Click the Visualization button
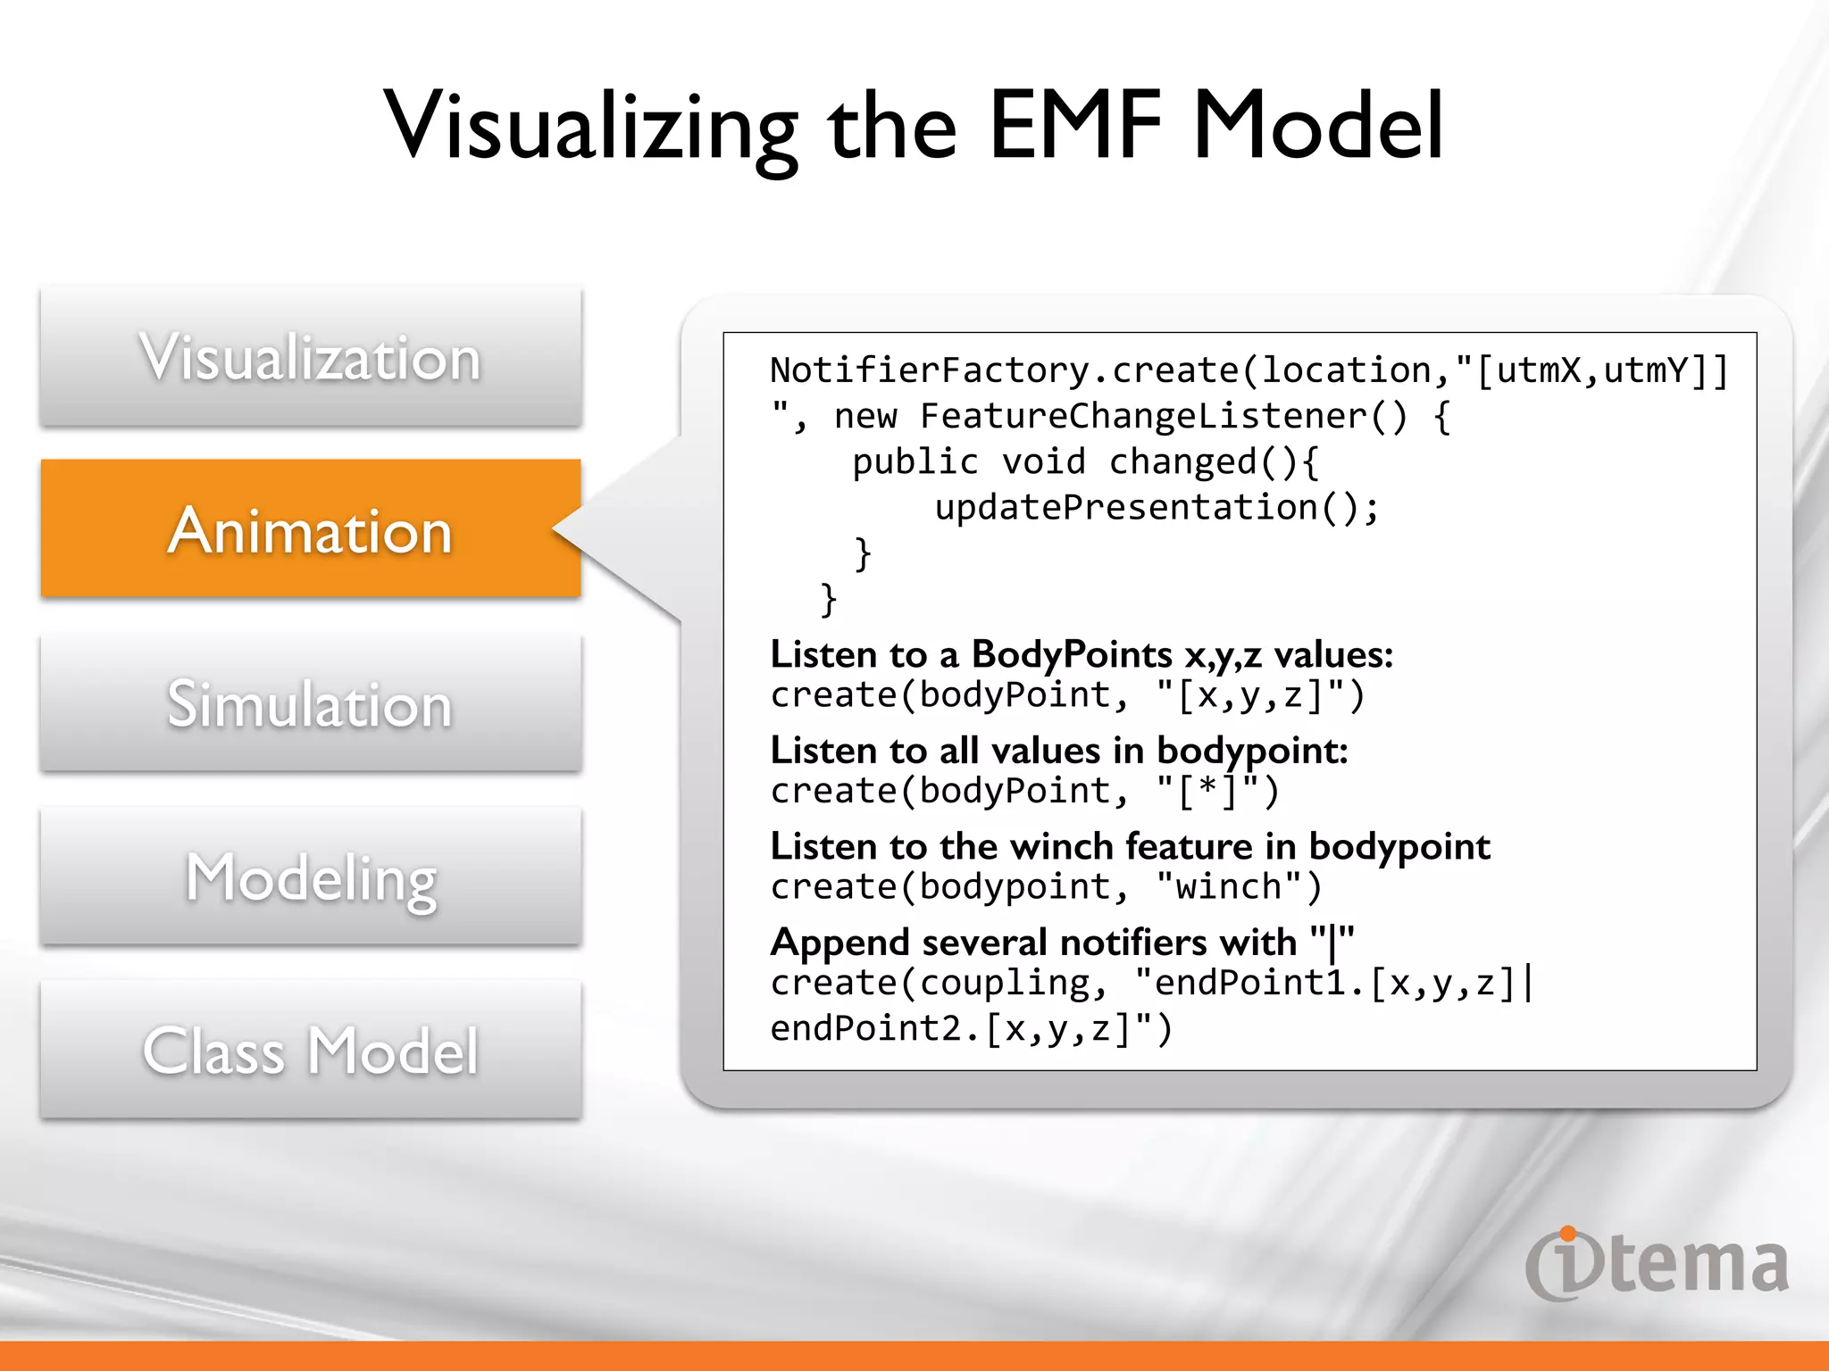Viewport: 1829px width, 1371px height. [x=310, y=357]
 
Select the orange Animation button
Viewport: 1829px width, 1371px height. [x=310, y=529]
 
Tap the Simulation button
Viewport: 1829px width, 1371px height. [x=310, y=703]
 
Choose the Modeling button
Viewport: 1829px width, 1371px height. [x=310, y=877]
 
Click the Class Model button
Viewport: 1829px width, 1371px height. [x=310, y=1050]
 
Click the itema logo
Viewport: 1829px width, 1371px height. [x=1657, y=1264]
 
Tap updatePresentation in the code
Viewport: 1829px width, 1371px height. [x=1125, y=508]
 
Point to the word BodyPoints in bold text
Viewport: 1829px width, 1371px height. [x=1071, y=654]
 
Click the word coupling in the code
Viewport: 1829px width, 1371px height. [x=1006, y=983]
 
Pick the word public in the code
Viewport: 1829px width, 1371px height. [x=914, y=462]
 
